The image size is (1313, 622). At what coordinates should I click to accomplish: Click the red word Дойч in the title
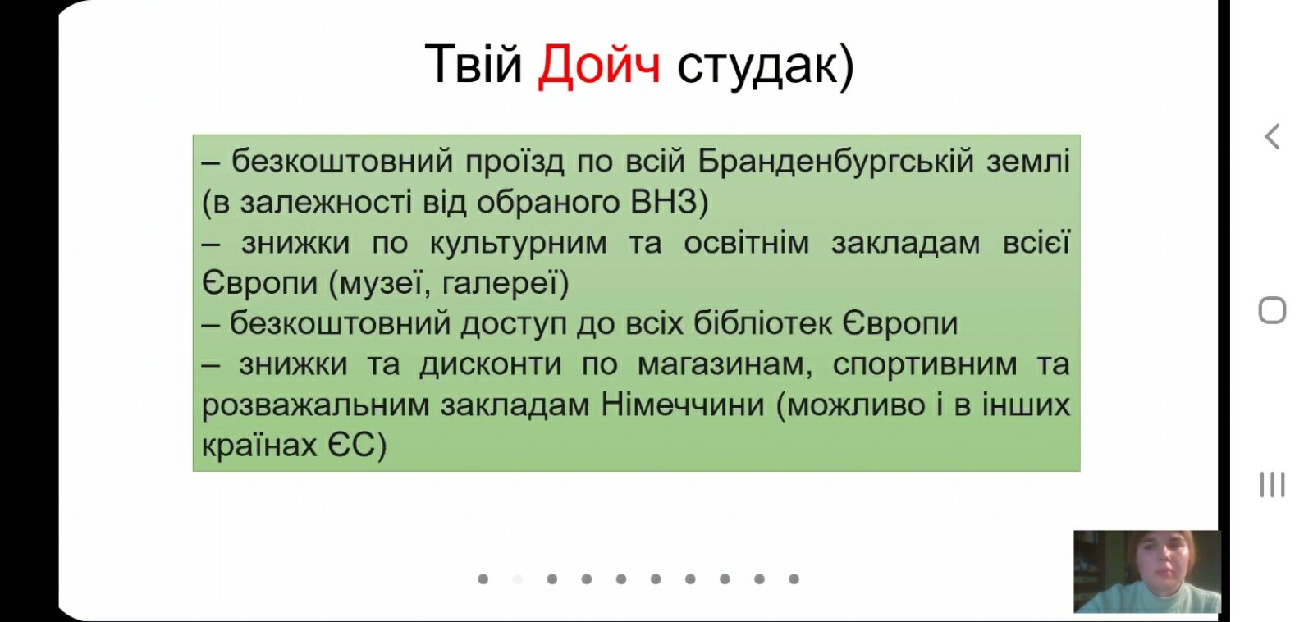(x=599, y=66)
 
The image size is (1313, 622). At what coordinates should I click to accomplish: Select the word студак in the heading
(x=757, y=67)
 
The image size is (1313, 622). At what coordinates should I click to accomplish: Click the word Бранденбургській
(x=836, y=162)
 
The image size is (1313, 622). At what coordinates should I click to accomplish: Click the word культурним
(x=518, y=244)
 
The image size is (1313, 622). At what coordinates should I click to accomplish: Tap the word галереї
(x=497, y=284)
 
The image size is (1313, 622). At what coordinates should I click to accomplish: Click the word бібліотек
(x=762, y=323)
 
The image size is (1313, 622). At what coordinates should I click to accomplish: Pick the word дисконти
(x=491, y=364)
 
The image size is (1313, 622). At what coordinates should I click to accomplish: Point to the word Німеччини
(x=683, y=405)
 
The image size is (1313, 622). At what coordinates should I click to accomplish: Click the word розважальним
(x=315, y=405)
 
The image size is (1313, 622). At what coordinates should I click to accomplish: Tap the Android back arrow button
(x=1271, y=137)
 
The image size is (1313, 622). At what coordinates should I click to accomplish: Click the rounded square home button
(x=1272, y=310)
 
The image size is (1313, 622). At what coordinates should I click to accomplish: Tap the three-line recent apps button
(x=1272, y=485)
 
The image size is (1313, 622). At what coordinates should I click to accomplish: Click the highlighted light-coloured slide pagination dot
(x=518, y=579)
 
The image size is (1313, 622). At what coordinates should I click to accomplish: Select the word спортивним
(x=924, y=365)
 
